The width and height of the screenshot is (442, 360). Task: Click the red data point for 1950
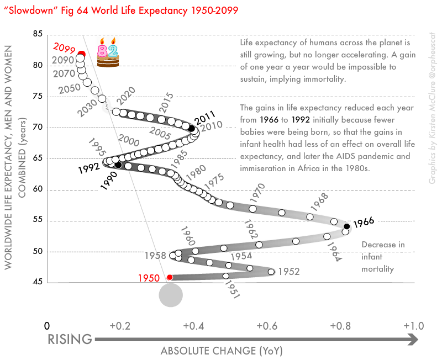pyautogui.click(x=170, y=277)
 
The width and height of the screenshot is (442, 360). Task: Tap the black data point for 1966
pyautogui.click(x=346, y=226)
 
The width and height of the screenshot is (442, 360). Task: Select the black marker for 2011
pyautogui.click(x=192, y=129)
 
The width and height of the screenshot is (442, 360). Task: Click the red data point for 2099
pyautogui.click(x=81, y=54)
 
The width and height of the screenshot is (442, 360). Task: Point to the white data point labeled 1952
pyautogui.click(x=271, y=272)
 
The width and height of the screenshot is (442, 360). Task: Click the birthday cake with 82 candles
pyautogui.click(x=108, y=53)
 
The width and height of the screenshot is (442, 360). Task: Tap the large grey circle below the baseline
pyautogui.click(x=170, y=295)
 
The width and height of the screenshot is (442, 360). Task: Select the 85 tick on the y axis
pyautogui.click(x=38, y=34)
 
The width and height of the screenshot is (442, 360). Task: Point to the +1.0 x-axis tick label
pyautogui.click(x=413, y=326)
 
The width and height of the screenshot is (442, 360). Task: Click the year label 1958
pyautogui.click(x=155, y=256)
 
